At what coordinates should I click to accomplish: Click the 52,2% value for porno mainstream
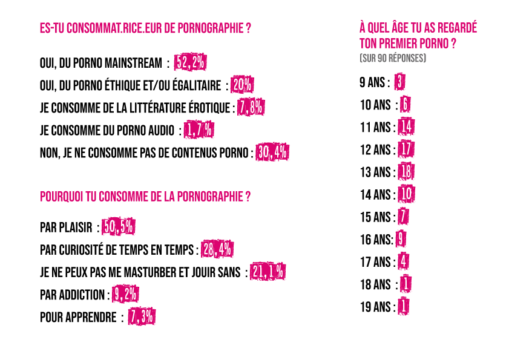[190, 62]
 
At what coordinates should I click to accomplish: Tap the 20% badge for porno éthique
[242, 85]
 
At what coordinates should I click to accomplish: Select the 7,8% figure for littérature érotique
[251, 107]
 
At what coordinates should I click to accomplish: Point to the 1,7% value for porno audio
[199, 130]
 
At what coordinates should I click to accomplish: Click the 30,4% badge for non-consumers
[272, 152]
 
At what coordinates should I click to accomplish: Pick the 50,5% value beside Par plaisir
[118, 226]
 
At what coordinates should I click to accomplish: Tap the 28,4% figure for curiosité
[217, 249]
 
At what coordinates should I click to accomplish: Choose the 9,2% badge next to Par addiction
[125, 294]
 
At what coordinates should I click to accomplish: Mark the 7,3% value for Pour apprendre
[142, 316]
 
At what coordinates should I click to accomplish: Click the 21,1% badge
[268, 272]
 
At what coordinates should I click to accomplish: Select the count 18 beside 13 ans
[406, 172]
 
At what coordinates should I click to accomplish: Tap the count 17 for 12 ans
[406, 149]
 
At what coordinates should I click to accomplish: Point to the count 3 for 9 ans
[399, 82]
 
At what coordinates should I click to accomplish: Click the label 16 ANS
[376, 240]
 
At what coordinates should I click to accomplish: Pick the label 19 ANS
[375, 307]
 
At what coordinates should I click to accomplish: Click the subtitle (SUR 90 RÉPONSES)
[393, 58]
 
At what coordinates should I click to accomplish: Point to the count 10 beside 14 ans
[407, 194]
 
